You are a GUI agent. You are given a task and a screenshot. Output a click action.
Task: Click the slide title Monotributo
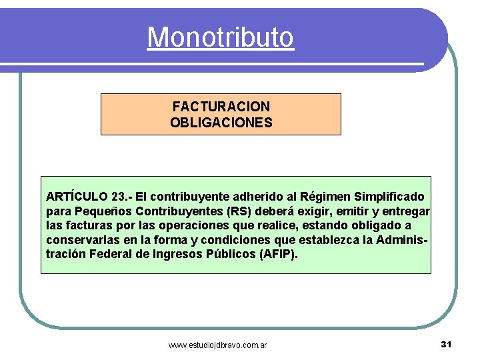(220, 37)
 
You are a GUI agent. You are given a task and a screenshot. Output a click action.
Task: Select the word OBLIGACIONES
(221, 123)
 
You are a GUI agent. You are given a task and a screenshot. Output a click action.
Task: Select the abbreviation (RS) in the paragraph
(239, 212)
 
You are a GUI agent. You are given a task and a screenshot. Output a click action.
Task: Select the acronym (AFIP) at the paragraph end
(279, 255)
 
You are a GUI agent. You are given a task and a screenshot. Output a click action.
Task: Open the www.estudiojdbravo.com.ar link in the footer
(218, 345)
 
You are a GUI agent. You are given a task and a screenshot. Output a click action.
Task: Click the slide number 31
(447, 344)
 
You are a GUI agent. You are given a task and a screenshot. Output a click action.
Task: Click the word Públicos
(231, 255)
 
